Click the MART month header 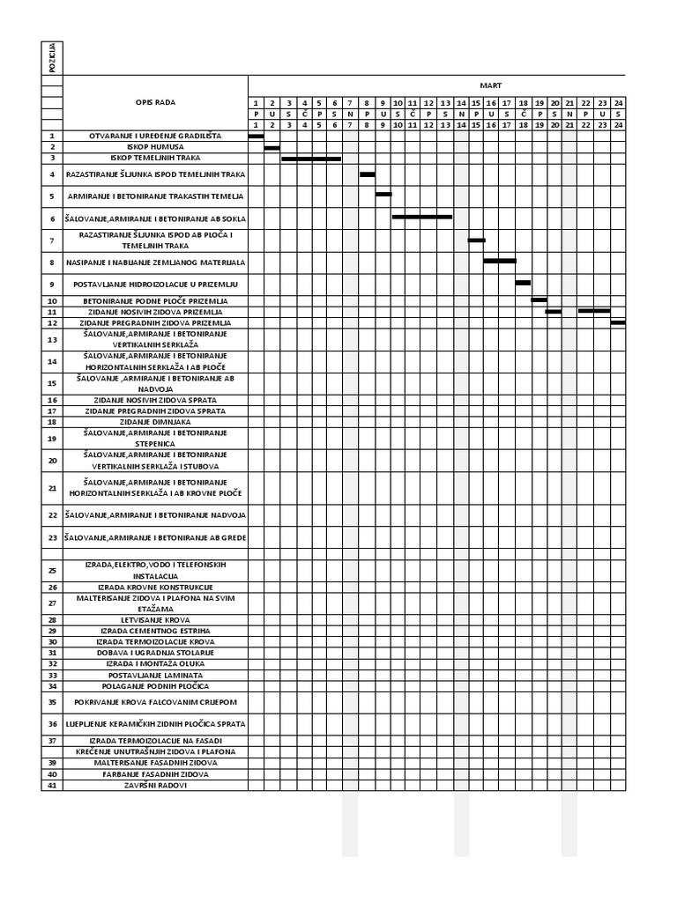(490, 85)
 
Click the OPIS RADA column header (155, 102)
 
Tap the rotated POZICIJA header (52, 58)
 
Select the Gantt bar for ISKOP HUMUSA (272, 147)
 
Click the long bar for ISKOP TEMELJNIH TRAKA (311, 159)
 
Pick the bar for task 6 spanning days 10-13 (422, 216)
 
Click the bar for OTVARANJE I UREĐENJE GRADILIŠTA (256, 136)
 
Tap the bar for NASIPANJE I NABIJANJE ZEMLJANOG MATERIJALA (500, 261)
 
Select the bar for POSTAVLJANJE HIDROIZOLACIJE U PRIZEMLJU (523, 283)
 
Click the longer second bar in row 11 (594, 311)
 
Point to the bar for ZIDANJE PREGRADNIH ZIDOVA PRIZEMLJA (618, 322)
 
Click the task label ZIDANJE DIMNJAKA (155, 422)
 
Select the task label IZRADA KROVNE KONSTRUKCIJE (155, 587)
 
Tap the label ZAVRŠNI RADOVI (155, 785)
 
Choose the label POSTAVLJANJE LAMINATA (155, 675)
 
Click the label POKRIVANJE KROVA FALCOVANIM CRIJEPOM (155, 702)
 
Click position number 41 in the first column (52, 785)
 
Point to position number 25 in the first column (52, 570)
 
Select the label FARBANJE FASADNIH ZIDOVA (155, 773)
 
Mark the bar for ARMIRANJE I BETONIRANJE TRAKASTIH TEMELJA (383, 194)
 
